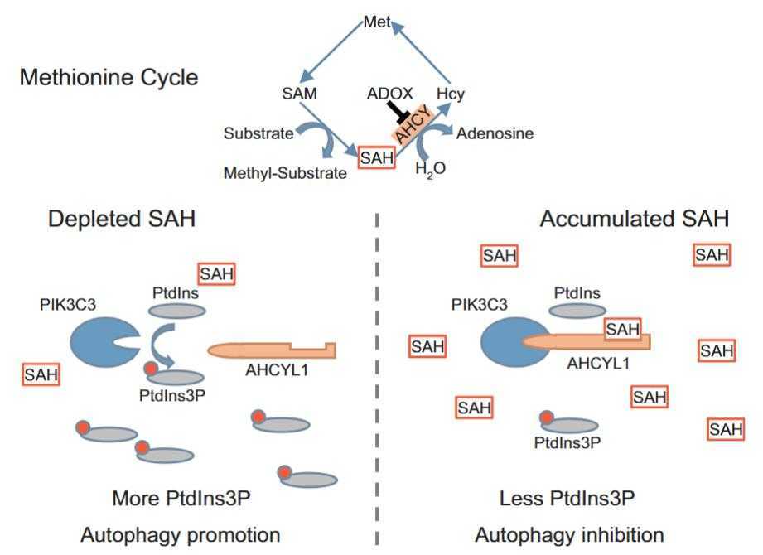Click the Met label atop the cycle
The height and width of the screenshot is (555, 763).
(x=376, y=23)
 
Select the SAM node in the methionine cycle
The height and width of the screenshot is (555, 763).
(x=299, y=94)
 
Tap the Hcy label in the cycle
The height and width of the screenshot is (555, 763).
(x=451, y=94)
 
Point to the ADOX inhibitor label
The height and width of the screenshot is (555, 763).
(x=390, y=94)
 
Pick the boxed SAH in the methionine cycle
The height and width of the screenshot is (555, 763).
(x=375, y=157)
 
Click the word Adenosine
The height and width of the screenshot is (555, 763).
(x=495, y=133)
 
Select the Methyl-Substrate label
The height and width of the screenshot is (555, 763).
(x=285, y=173)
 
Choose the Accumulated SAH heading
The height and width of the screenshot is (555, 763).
(x=635, y=220)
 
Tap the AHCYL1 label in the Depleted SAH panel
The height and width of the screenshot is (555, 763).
(x=277, y=370)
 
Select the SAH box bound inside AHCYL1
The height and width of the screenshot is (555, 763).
(x=622, y=329)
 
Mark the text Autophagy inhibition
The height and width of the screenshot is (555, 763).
(x=570, y=533)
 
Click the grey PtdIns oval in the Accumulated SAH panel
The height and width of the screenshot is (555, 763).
(x=577, y=311)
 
